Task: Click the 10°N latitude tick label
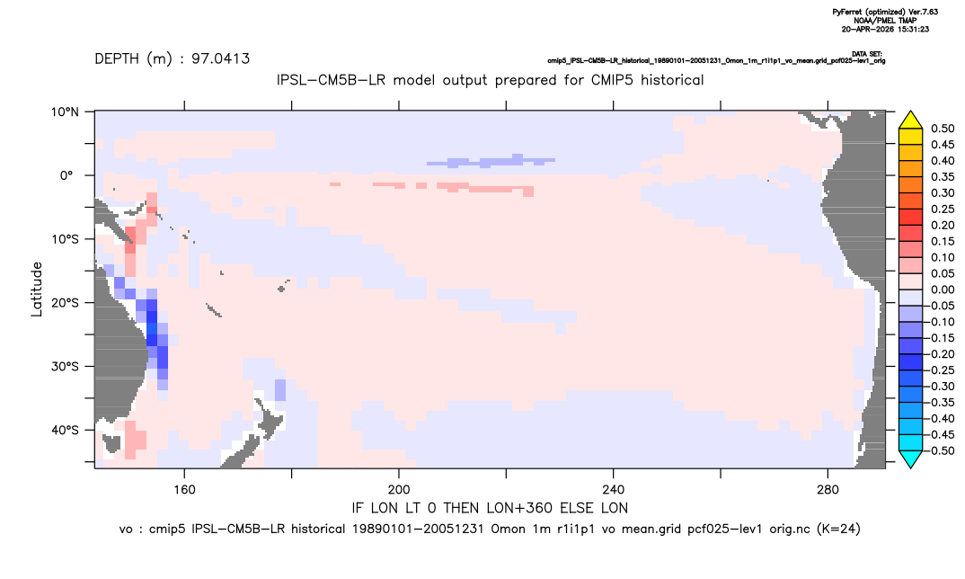coord(65,112)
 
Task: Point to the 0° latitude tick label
coord(67,175)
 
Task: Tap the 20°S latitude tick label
coord(65,303)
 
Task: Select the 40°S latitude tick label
coord(65,430)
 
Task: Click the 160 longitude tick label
coord(184,490)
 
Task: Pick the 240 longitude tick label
coord(614,490)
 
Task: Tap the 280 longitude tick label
coord(828,490)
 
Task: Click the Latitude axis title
coord(37,289)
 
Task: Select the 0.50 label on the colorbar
coord(943,129)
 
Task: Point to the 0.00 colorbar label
coord(943,289)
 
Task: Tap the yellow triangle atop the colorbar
coord(911,120)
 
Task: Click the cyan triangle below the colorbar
coord(911,459)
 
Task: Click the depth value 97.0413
coord(220,59)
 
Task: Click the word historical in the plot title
coord(672,80)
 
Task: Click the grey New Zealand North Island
coord(270,419)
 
